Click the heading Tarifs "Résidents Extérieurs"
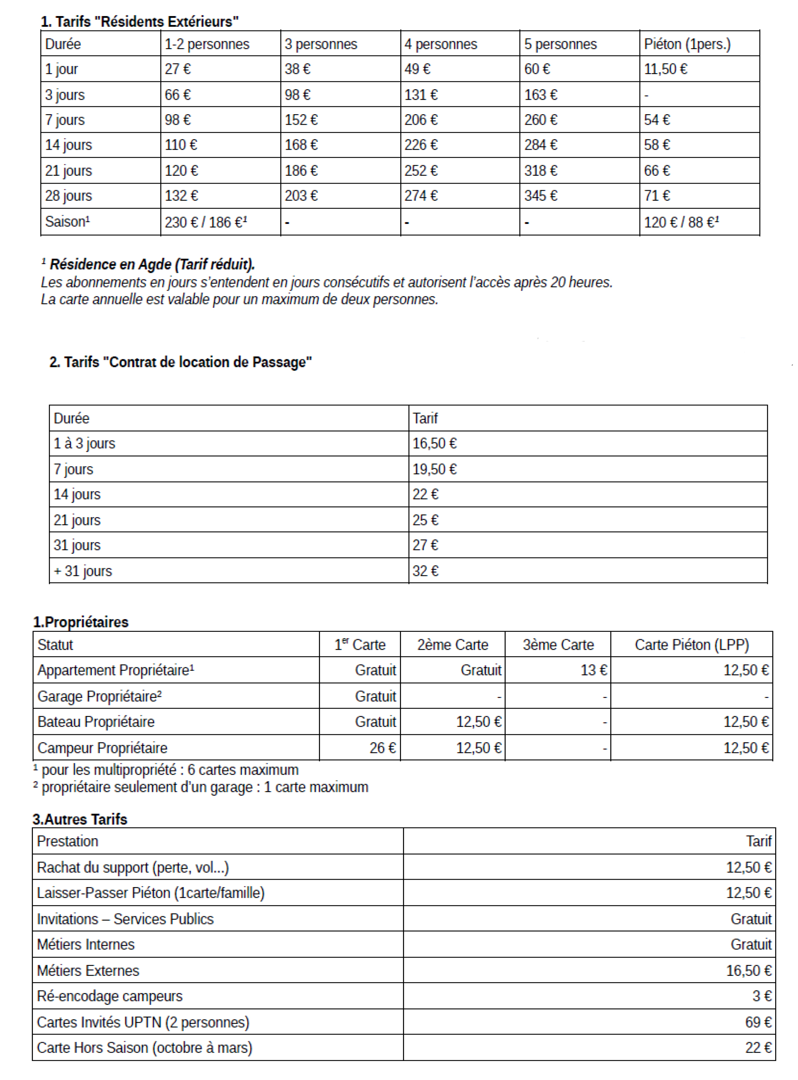140,22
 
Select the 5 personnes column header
561,44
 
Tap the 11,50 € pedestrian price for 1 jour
665,69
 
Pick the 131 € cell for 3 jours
421,95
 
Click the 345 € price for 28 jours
541,196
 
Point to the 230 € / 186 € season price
206,222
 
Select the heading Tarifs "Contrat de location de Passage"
181,362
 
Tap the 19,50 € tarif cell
434,469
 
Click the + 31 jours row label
83,571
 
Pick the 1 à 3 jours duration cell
84,443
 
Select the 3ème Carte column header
558,644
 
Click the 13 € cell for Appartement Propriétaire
594,670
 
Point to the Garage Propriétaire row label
99,696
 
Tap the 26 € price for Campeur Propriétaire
383,748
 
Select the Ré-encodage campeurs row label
110,996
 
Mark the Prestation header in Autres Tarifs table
68,842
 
